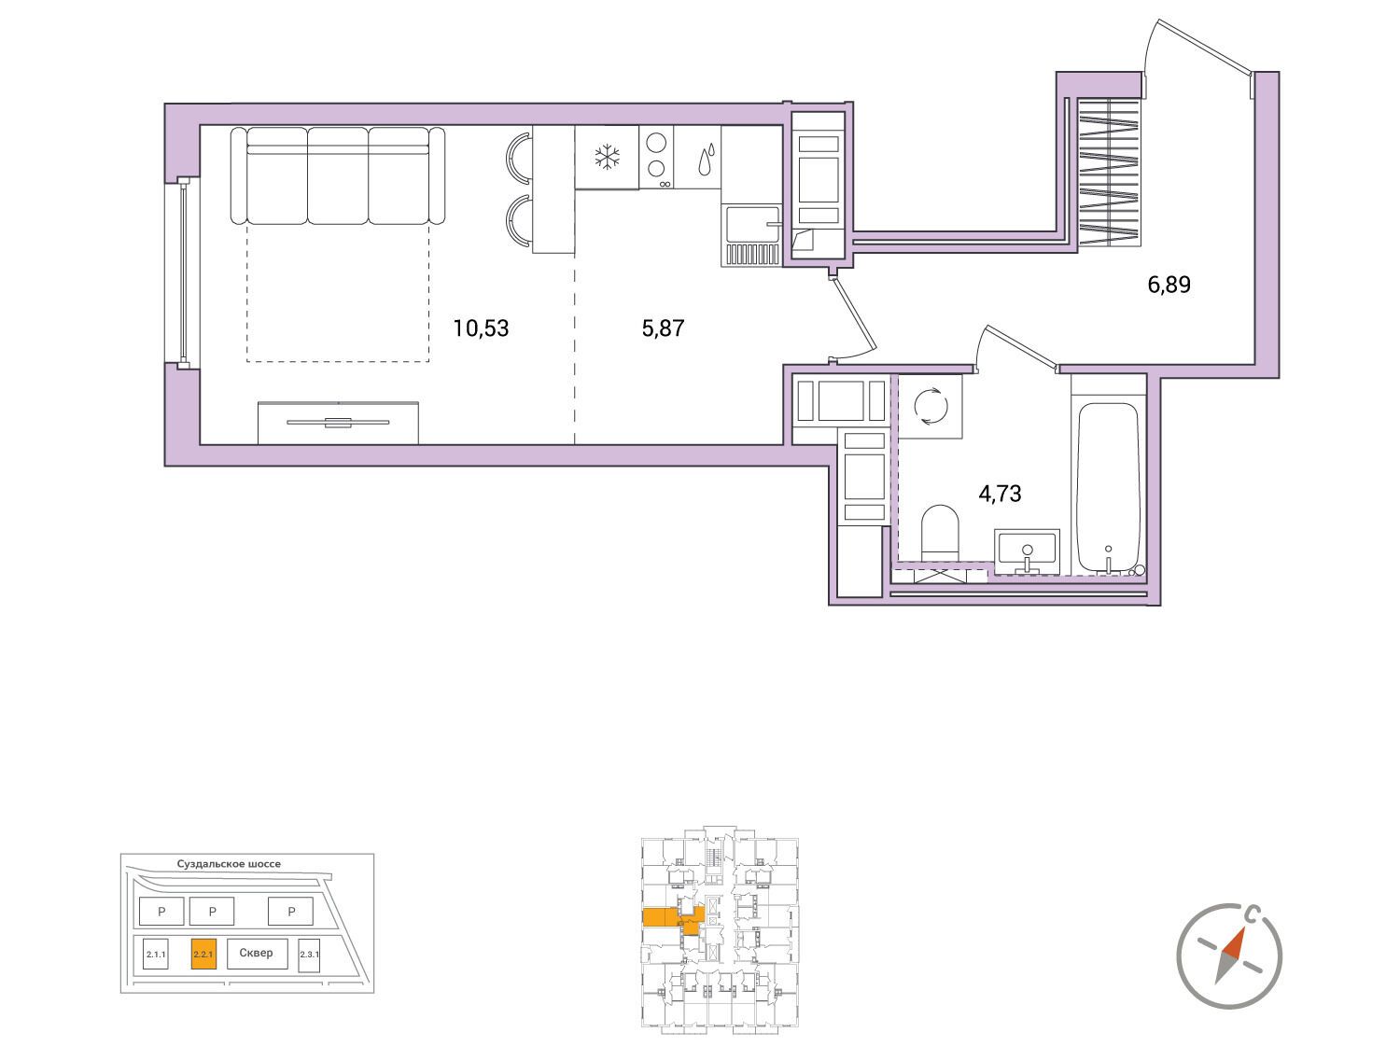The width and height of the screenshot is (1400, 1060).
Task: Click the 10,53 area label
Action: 481,328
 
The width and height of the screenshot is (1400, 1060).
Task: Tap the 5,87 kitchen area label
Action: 663,328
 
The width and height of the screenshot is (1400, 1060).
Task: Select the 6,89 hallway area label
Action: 1169,285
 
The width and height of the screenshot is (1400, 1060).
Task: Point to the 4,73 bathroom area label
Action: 1001,494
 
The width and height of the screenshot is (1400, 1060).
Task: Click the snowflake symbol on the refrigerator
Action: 607,157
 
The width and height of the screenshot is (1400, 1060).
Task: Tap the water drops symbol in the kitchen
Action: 707,159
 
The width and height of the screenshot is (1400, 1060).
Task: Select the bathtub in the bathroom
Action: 1108,489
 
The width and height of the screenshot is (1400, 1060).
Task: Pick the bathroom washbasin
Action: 1027,551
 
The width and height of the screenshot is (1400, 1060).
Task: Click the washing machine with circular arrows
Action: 931,406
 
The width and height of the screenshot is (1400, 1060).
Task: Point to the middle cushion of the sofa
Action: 337,175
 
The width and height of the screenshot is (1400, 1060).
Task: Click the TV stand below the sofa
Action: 338,423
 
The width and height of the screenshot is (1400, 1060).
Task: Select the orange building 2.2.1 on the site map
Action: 203,955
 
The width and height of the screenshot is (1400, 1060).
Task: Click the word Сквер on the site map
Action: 256,953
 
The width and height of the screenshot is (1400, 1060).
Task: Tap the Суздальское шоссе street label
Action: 229,864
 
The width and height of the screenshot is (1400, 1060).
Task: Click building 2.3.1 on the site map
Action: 309,955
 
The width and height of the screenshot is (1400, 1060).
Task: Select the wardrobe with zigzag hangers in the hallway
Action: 1109,172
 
